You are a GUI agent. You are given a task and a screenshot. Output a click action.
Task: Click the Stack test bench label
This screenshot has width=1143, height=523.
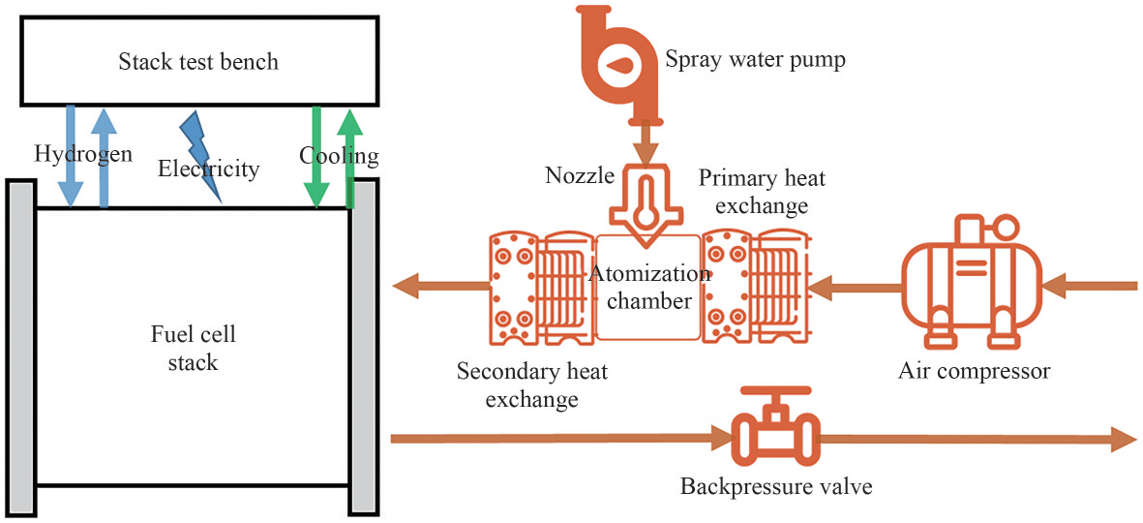coord(198,62)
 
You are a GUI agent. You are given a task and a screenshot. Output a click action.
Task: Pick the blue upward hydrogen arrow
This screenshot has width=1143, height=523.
coord(104,155)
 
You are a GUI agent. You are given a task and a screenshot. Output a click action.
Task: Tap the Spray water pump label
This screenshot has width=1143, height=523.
coord(755,60)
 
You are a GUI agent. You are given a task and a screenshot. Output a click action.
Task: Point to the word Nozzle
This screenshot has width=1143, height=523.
coord(580,175)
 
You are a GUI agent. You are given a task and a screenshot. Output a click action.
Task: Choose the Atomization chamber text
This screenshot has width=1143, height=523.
coord(647,287)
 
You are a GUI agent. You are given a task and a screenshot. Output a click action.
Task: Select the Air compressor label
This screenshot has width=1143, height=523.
coord(973,370)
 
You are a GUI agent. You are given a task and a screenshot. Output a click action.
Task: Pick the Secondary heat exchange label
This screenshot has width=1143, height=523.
coord(532,384)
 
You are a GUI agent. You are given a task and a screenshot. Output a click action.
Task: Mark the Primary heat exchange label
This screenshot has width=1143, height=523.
coord(762,191)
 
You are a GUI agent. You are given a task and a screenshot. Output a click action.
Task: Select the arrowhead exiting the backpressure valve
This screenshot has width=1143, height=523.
coord(1122,439)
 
